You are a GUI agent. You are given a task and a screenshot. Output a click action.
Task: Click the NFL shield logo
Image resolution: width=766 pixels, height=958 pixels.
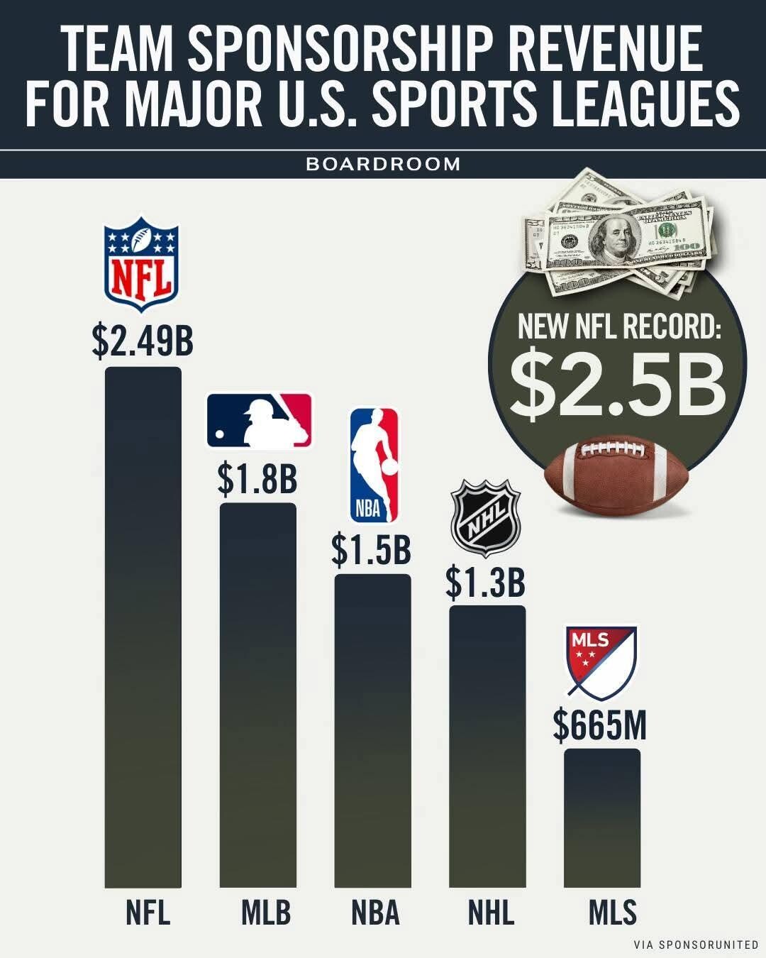click(x=142, y=264)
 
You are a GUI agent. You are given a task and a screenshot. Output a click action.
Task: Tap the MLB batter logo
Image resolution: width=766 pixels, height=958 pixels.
click(x=259, y=421)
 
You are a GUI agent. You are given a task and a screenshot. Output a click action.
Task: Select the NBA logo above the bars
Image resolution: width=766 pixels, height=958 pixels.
click(x=374, y=465)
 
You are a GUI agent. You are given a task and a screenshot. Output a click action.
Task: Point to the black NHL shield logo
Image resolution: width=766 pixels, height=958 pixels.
click(x=486, y=517)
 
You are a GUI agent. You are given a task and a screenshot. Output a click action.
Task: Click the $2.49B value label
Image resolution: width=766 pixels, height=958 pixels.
click(x=143, y=341)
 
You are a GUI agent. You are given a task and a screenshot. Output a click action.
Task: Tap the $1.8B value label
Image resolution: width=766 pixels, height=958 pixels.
click(x=257, y=479)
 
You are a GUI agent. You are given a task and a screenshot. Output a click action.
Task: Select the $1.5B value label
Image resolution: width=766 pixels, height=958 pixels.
click(x=372, y=550)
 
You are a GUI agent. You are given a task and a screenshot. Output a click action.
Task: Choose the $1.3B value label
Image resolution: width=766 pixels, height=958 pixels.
click(x=486, y=582)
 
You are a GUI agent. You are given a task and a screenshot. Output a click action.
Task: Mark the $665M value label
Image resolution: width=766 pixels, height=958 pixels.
click(x=600, y=725)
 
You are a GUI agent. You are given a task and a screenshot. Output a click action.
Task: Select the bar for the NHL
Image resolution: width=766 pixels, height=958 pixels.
click(x=487, y=745)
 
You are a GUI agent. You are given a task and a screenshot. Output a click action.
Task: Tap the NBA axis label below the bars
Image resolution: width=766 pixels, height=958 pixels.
click(x=375, y=913)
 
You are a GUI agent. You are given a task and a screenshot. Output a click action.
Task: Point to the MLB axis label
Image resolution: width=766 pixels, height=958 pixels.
click(x=266, y=913)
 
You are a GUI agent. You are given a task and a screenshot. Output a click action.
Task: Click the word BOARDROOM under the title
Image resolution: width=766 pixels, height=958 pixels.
click(x=383, y=164)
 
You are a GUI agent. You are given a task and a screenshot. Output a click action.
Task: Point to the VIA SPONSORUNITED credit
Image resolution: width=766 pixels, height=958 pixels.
click(x=696, y=945)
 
